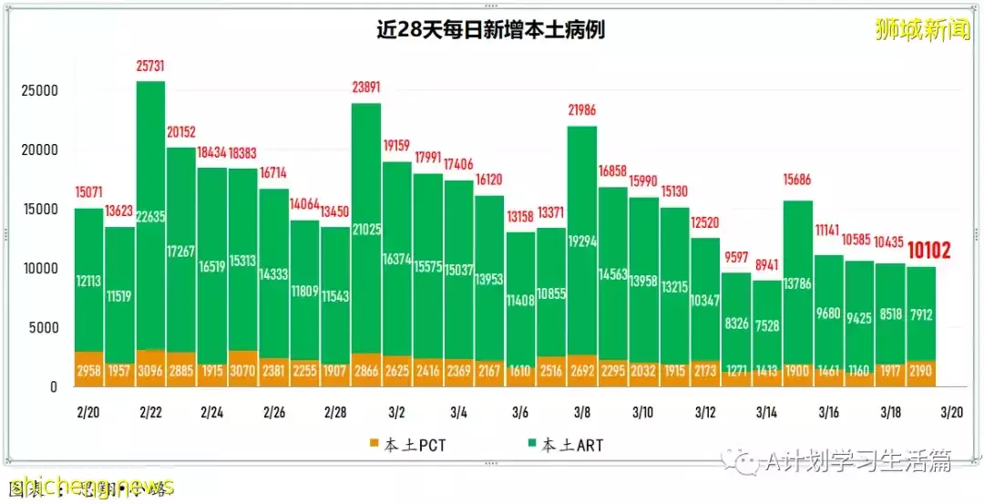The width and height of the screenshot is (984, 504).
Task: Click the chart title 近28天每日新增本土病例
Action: point(491,30)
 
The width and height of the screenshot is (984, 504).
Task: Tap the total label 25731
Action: point(149,67)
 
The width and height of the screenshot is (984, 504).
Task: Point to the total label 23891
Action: point(365,88)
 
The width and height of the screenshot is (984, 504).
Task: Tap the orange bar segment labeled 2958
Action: point(88,370)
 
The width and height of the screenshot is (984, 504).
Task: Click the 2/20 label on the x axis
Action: point(88,412)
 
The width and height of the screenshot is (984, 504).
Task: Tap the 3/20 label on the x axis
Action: point(951,412)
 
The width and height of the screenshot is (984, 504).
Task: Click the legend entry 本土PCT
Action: point(406,445)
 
